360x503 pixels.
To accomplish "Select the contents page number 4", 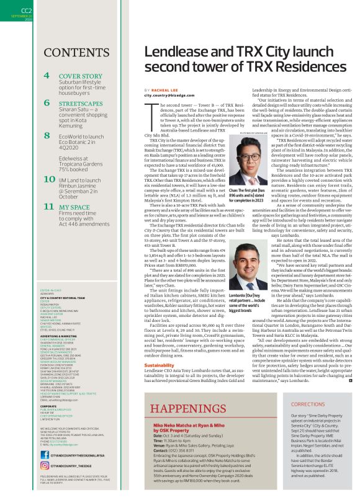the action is point(47,76).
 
